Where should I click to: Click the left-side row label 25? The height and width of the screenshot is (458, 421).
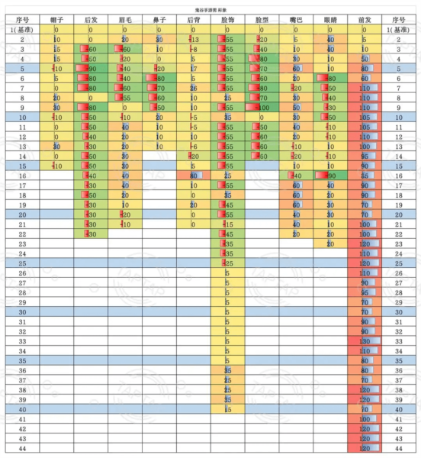pyautogui.click(x=22, y=263)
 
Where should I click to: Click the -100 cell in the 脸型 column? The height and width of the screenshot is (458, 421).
pyautogui.click(x=263, y=108)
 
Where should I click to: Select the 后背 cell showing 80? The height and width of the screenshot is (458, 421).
pyautogui.click(x=194, y=175)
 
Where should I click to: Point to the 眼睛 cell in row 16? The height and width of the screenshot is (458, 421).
pyautogui.click(x=329, y=175)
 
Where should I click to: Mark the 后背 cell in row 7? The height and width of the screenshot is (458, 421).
pyautogui.click(x=194, y=88)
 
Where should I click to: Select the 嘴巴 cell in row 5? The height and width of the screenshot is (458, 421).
pyautogui.click(x=296, y=69)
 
